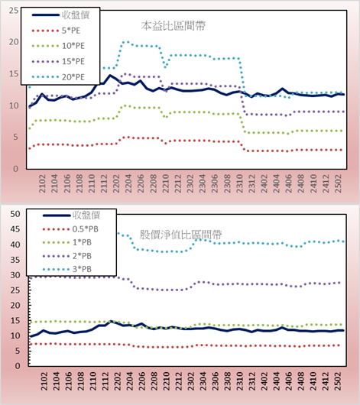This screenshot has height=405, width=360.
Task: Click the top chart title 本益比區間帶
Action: [174, 26]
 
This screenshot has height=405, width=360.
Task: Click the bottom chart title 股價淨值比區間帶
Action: [181, 235]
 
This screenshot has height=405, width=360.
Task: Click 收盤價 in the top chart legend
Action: [76, 15]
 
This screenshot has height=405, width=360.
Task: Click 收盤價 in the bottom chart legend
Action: [86, 215]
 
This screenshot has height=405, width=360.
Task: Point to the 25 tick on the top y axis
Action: [14, 11]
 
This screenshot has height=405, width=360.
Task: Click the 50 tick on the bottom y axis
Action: [15, 214]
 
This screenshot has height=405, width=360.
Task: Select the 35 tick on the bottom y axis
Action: [15, 260]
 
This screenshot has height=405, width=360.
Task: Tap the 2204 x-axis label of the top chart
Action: [128, 183]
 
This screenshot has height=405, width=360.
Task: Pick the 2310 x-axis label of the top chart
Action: [239, 183]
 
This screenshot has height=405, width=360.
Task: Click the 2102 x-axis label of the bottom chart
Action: [44, 381]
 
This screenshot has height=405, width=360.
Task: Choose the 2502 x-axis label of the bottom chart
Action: [338, 381]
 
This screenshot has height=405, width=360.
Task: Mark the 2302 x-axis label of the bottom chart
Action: [191, 381]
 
